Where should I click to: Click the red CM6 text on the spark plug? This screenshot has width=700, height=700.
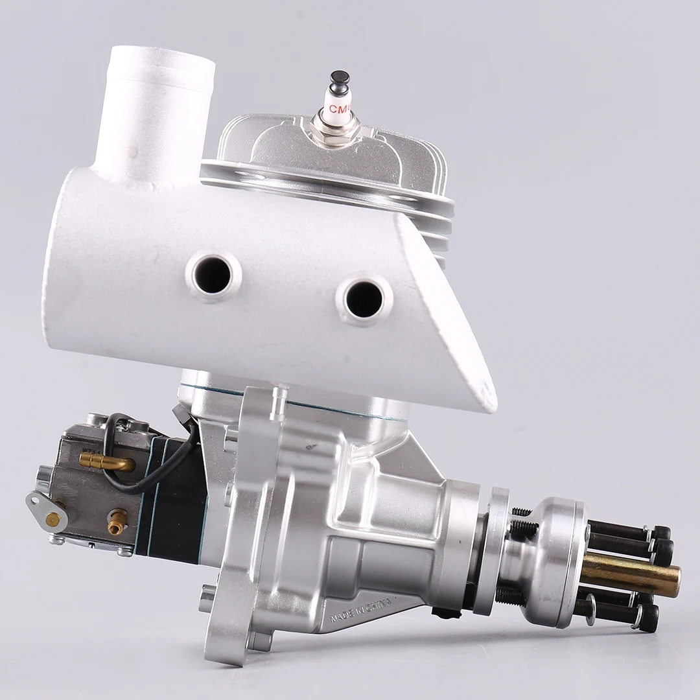tap(338, 109)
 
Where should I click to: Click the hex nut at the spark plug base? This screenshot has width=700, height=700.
tap(334, 133)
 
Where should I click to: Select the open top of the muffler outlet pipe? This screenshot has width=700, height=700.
tap(161, 61)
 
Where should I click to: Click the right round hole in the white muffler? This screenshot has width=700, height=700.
tap(364, 299)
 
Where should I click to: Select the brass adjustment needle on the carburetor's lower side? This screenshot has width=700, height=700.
tap(117, 522)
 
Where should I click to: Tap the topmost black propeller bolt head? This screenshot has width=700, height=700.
tap(660, 533)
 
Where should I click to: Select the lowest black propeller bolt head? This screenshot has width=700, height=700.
tap(648, 618)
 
